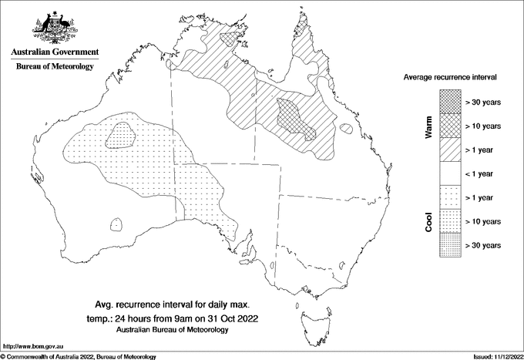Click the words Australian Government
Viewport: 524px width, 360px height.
click(54, 52)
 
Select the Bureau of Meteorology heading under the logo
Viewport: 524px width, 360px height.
click(54, 67)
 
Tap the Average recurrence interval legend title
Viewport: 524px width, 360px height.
click(450, 78)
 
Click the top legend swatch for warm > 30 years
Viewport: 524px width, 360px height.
click(450, 101)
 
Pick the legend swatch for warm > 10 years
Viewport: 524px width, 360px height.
click(450, 125)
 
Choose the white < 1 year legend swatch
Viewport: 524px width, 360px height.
click(450, 173)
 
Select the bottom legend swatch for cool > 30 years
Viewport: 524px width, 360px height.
click(450, 244)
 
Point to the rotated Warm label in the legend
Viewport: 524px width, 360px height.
click(429, 126)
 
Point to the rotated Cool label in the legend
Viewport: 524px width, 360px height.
click(429, 221)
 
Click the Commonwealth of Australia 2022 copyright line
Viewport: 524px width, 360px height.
click(79, 356)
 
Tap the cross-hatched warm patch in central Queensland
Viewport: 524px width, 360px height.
click(296, 119)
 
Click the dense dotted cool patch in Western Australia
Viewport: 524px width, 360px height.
click(122, 136)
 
